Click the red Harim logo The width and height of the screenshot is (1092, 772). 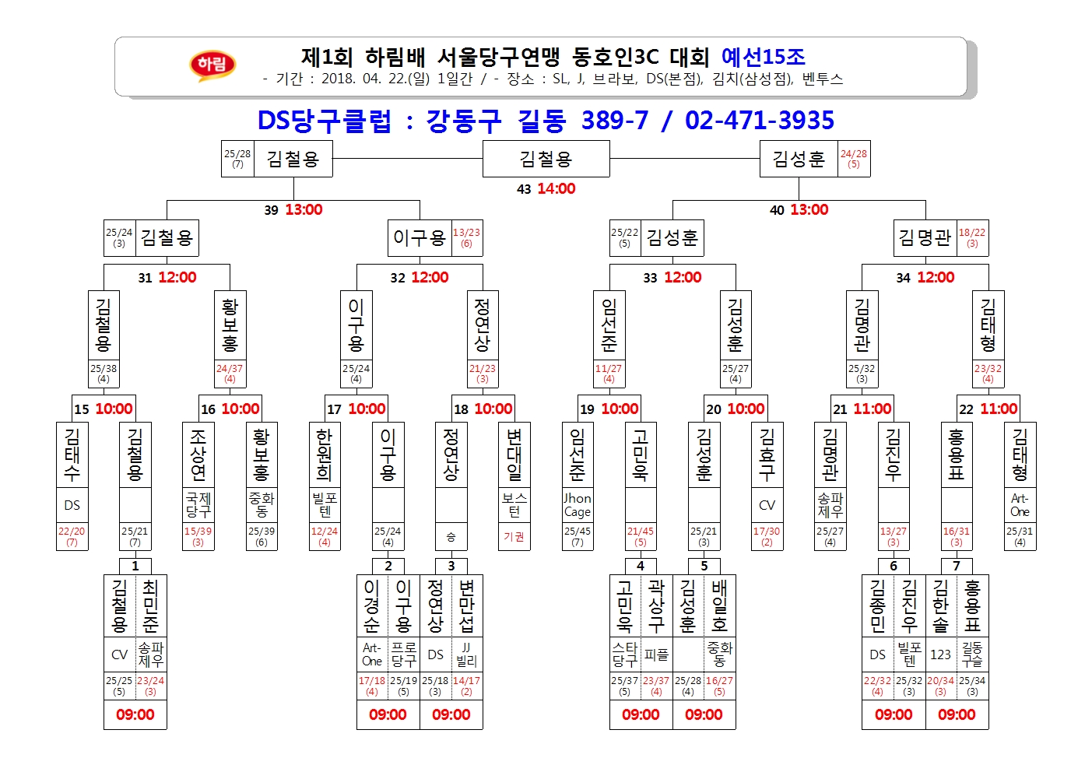(x=212, y=65)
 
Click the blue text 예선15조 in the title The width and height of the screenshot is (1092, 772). (x=764, y=57)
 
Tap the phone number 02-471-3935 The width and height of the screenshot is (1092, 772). (x=760, y=121)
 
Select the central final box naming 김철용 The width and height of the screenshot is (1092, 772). (x=546, y=159)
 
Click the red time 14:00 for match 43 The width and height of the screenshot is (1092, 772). (x=557, y=188)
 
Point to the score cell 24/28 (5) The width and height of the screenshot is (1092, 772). (x=854, y=159)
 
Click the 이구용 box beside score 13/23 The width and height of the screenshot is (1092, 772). (x=420, y=238)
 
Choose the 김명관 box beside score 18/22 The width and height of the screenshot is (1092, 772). (x=925, y=238)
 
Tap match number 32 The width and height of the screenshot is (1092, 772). (x=398, y=278)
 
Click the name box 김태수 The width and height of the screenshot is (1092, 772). (x=72, y=454)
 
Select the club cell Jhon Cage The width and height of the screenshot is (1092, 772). (x=578, y=505)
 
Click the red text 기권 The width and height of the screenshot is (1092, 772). (x=514, y=537)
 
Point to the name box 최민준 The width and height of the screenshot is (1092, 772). (x=151, y=605)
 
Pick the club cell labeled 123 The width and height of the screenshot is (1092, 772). (x=941, y=654)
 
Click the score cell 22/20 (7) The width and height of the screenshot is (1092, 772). (x=72, y=537)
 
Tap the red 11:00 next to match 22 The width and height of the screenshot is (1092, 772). (x=999, y=409)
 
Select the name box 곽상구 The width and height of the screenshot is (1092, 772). (x=657, y=605)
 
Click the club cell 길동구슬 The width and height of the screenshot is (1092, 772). (x=973, y=654)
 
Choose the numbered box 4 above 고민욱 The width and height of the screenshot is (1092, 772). (x=641, y=567)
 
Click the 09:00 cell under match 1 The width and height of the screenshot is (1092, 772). (x=135, y=714)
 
